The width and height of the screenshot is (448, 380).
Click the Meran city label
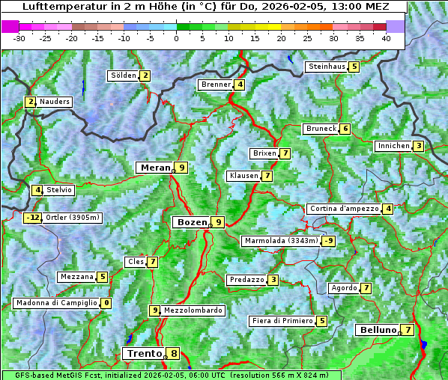[x=155, y=168]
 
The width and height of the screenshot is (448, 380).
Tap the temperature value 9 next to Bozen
[x=217, y=222]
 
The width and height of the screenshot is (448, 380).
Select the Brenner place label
[x=216, y=85]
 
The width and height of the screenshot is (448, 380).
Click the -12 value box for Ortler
[x=32, y=218]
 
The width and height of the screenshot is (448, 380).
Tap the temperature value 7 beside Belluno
[x=408, y=330]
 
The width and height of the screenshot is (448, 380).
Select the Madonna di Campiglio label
[x=55, y=303]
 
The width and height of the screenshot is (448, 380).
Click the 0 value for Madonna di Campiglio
[x=106, y=303]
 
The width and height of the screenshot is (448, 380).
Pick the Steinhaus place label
[x=327, y=67]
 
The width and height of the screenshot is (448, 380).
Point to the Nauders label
[x=54, y=102]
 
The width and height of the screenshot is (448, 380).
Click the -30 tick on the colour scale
[x=19, y=37]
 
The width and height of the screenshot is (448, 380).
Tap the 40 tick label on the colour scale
[x=385, y=37]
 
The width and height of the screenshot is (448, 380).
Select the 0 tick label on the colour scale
[x=177, y=37]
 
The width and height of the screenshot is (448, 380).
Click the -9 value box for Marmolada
[x=328, y=241]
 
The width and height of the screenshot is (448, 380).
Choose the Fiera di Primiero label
[x=282, y=321]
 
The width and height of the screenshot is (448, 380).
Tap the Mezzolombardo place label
[x=193, y=310]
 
